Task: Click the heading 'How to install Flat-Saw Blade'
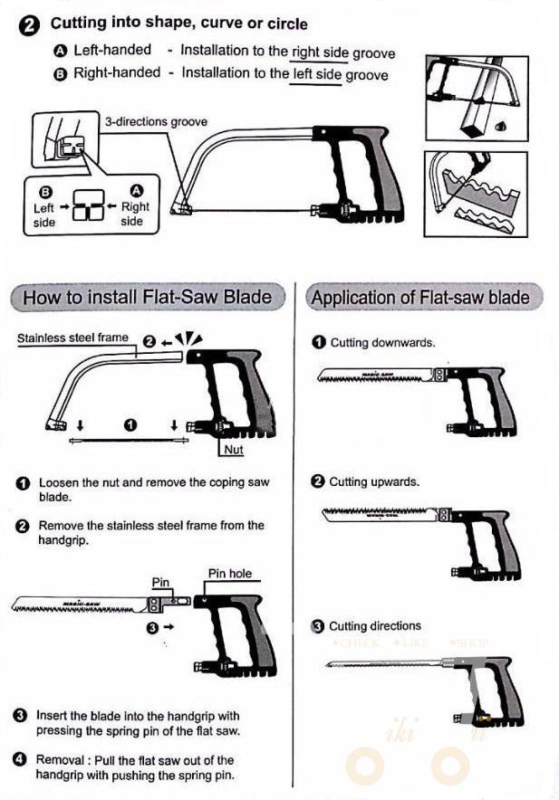coord(147,297)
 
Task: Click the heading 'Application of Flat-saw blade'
coord(420,298)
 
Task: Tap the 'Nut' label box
coord(233,449)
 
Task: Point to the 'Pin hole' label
coord(230,574)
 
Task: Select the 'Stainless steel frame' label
coord(73,338)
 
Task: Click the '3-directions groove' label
coord(155,122)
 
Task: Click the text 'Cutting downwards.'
coord(382,343)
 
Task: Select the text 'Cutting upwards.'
coord(374,481)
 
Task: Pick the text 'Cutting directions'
coord(374,626)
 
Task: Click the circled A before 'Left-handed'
coord(60,52)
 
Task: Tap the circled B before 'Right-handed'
coord(60,73)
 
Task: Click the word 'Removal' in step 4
coord(61,760)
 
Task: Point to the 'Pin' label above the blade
coord(160,582)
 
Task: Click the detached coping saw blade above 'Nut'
coord(130,441)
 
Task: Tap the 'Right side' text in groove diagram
coord(135,214)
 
